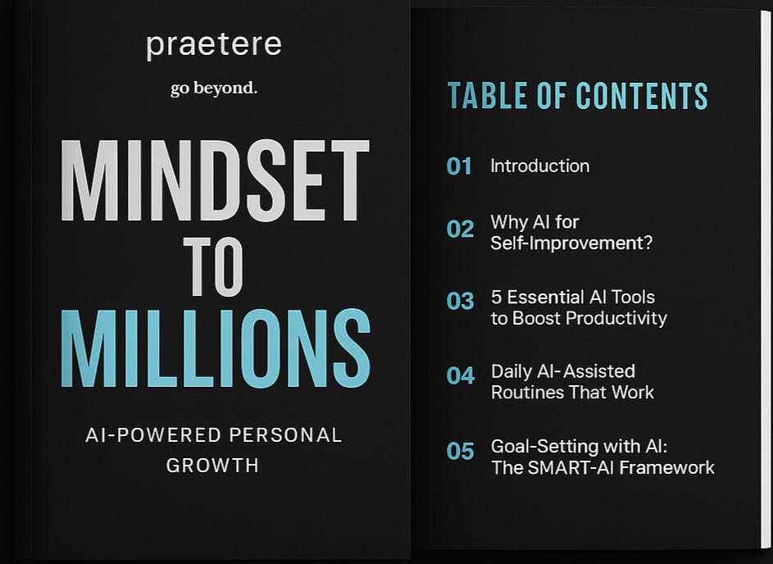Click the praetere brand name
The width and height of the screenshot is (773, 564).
coord(214,46)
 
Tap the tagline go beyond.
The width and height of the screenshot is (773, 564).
coord(214,89)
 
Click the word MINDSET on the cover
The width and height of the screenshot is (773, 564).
coord(215,180)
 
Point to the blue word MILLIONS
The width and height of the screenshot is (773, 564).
coord(216,348)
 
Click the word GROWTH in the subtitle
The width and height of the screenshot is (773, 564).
coord(212,466)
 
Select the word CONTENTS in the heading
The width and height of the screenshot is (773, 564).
coord(642,96)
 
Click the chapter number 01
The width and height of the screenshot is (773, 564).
coord(459,166)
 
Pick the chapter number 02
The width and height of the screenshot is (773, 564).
coord(460,230)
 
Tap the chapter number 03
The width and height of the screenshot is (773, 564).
coord(460,301)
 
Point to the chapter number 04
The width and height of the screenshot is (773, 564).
coord(461,375)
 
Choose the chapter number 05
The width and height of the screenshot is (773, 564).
coord(460,451)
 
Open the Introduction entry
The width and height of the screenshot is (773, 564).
coord(540,166)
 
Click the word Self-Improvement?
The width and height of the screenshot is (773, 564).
coord(571,243)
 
